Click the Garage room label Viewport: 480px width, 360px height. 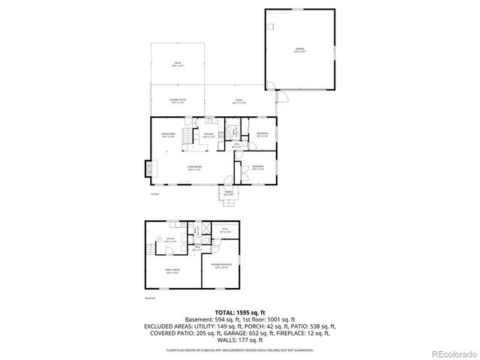coord(300,49)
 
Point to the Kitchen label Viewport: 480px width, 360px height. coord(208,136)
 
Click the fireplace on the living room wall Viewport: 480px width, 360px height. coord(148,169)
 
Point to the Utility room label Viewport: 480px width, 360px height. coord(169,241)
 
